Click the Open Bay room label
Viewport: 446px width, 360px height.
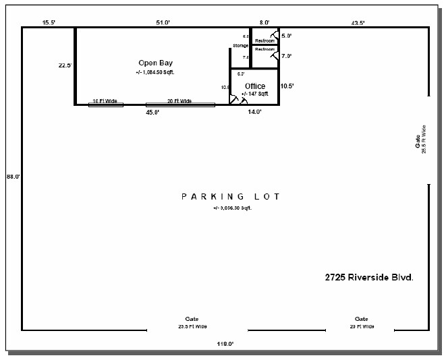tap(156, 63)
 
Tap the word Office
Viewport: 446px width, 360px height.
tap(255, 86)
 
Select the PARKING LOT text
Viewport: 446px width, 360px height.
tap(230, 196)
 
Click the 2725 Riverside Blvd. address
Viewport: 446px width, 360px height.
tap(368, 277)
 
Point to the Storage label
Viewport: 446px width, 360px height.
tap(241, 45)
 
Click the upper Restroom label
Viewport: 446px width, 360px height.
tap(264, 41)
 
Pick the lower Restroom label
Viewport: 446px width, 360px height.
tap(264, 49)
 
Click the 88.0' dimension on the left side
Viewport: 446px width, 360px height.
tap(13, 176)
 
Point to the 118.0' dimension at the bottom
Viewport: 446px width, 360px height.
tap(225, 344)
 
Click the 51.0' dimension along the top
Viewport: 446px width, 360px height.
tap(163, 23)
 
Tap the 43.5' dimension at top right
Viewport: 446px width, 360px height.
tap(358, 23)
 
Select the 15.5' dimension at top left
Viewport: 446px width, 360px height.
tap(49, 23)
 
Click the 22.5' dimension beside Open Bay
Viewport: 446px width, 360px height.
tap(65, 65)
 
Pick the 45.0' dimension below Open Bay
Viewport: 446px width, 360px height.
tap(152, 113)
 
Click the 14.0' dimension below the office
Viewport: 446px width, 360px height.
tap(254, 113)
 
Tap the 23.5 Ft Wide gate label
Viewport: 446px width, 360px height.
tap(192, 326)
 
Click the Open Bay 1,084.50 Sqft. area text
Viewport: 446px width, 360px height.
tap(159, 71)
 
